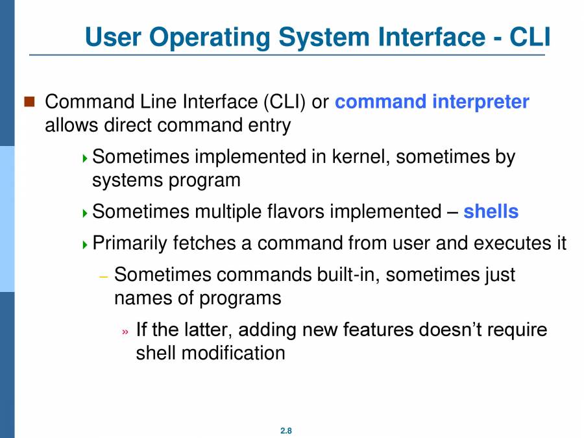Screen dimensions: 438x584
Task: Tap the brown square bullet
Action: [29, 101]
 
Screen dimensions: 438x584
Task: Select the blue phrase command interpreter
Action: [432, 102]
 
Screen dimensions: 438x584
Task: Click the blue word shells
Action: [491, 212]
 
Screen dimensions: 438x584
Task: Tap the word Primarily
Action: [130, 243]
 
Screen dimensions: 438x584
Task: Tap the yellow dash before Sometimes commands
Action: [103, 276]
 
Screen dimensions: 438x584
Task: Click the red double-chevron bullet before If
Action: [126, 331]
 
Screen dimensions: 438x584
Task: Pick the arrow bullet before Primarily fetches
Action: [86, 245]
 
